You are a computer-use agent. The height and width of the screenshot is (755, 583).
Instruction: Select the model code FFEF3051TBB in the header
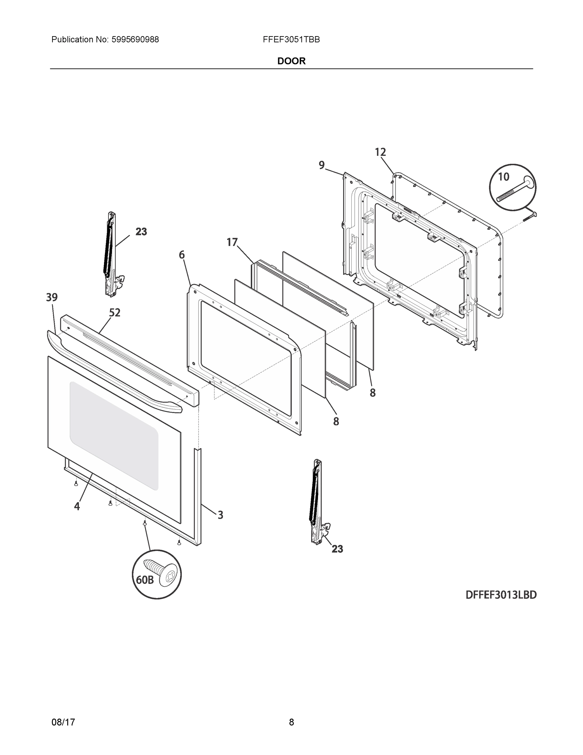pyautogui.click(x=291, y=40)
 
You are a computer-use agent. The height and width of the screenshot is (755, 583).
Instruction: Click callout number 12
pyautogui.click(x=380, y=152)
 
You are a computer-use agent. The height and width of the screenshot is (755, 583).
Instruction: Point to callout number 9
pyautogui.click(x=322, y=165)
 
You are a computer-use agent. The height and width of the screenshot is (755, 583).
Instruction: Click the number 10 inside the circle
pyautogui.click(x=503, y=177)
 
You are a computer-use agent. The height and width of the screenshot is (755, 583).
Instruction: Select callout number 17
pyautogui.click(x=232, y=242)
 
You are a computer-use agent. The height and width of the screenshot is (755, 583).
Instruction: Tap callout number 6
pyautogui.click(x=182, y=255)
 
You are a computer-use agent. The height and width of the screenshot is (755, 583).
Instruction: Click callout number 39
pyautogui.click(x=52, y=297)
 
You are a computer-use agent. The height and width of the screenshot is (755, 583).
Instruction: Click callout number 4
pyautogui.click(x=77, y=506)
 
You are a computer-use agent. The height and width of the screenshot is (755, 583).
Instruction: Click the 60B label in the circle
pyautogui.click(x=144, y=580)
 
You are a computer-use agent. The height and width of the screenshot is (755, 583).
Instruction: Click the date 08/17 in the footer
pyautogui.click(x=63, y=722)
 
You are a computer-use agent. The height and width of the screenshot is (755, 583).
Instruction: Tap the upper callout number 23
pyautogui.click(x=141, y=232)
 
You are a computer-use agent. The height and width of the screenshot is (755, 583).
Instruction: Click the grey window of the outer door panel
pyautogui.click(x=114, y=436)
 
